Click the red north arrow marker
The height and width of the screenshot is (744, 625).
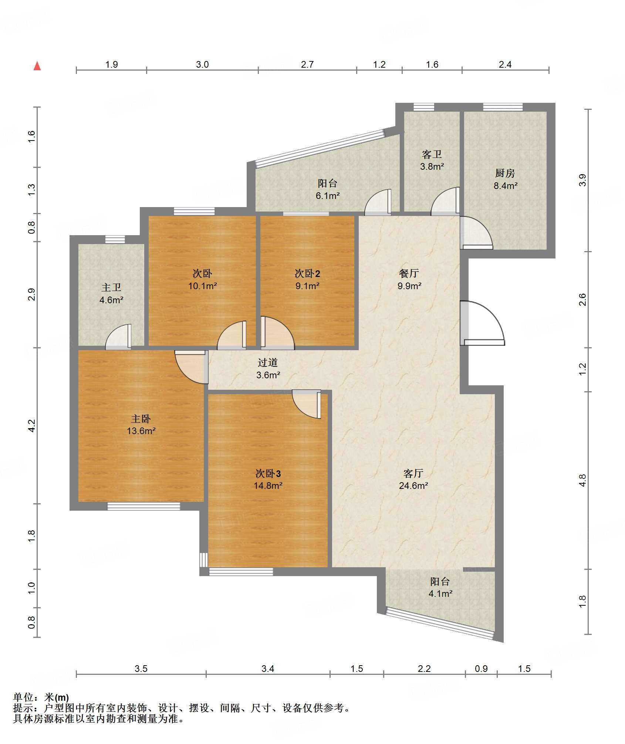click(37, 66)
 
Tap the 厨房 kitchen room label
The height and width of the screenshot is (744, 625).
click(505, 173)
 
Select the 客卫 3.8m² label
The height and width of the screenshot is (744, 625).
click(432, 160)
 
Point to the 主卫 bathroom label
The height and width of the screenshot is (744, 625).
click(111, 287)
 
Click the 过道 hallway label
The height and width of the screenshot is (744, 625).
click(268, 362)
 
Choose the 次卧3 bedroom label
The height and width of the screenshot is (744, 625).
click(268, 473)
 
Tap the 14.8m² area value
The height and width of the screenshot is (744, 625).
click(268, 486)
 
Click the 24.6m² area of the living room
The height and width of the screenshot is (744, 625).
click(413, 486)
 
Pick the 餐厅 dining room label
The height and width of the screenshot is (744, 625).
click(409, 273)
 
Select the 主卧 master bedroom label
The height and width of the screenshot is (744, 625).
click(141, 419)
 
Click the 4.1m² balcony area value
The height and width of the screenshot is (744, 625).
click(440, 593)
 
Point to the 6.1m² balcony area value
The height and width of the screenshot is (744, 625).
click(328, 196)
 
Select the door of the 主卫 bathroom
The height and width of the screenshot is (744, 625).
click(118, 337)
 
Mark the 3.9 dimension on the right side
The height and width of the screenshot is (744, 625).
click(582, 180)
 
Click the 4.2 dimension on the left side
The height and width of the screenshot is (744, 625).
click(32, 426)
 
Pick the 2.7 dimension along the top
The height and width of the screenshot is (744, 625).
click(307, 65)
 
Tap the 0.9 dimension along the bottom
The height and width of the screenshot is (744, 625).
click(481, 669)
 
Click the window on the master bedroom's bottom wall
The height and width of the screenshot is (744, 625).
click(144, 506)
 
